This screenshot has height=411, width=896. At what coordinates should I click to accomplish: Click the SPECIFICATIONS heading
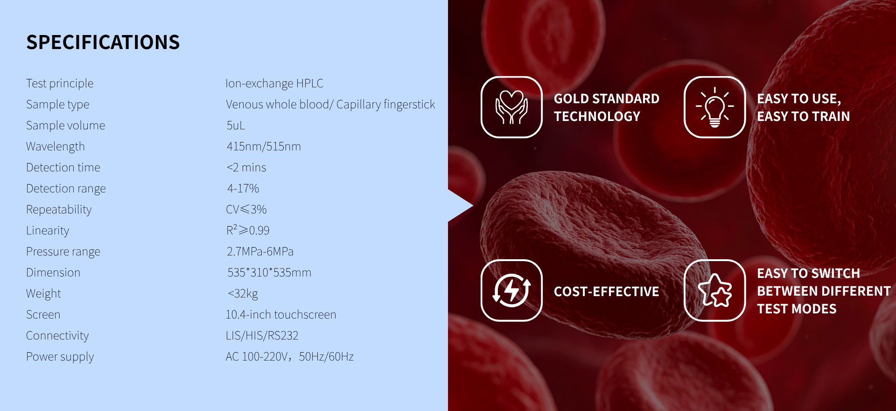pos(103,42)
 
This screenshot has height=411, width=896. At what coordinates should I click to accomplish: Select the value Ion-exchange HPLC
pos(274,83)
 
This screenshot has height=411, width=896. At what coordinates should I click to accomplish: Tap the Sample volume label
pos(66,125)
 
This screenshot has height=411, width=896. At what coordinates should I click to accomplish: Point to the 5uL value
pos(236,125)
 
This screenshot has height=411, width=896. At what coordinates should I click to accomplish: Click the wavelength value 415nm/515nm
pos(264,146)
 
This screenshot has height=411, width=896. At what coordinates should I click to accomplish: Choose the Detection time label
pos(63,167)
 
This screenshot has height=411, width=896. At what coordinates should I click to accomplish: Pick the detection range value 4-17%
pos(243,188)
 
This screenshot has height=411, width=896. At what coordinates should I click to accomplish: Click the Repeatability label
pos(59,209)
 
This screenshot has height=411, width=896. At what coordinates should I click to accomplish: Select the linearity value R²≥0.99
pos(248,230)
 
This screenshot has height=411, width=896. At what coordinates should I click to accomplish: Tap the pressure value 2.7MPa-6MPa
pos(260,251)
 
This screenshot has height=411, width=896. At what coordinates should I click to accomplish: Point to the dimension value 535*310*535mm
pos(269,272)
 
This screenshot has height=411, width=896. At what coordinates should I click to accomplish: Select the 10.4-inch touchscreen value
pos(281,314)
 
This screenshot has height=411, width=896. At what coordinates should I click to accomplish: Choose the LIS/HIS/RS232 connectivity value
pos(262,335)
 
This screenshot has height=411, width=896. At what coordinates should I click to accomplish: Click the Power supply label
pos(60,356)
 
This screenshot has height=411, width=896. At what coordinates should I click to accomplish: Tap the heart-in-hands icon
pos(511,107)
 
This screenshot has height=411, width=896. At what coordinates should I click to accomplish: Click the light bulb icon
pos(714,107)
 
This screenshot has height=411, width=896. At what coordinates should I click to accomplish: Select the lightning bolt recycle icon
pos(511,291)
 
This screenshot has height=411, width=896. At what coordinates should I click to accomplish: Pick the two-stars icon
pos(714,291)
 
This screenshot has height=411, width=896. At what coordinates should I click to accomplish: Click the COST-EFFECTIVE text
pos(606,291)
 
